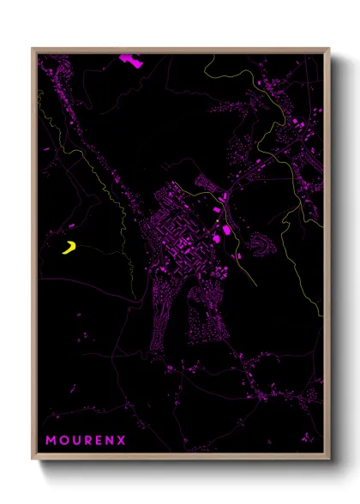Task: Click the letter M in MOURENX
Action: click(51, 441)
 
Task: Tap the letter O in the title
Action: click(64, 441)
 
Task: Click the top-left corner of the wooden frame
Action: click(33, 50)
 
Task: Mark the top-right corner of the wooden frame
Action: click(328, 50)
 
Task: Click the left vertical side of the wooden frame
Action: click(33, 257)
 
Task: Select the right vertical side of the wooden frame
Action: click(328, 257)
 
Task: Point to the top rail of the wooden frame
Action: click(180, 50)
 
